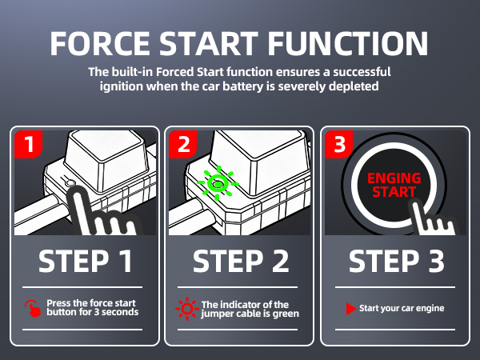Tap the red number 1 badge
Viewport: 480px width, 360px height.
tap(29, 145)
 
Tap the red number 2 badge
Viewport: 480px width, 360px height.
tap(183, 145)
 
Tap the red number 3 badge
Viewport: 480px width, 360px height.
tap(337, 145)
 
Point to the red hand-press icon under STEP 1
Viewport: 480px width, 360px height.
tap(33, 308)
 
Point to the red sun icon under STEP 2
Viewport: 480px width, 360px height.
tap(186, 308)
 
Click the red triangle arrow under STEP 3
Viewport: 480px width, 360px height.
tap(350, 308)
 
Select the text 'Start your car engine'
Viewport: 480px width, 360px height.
tap(401, 308)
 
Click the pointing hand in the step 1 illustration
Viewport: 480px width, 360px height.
tap(100, 212)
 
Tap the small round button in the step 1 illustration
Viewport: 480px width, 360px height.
tap(73, 186)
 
